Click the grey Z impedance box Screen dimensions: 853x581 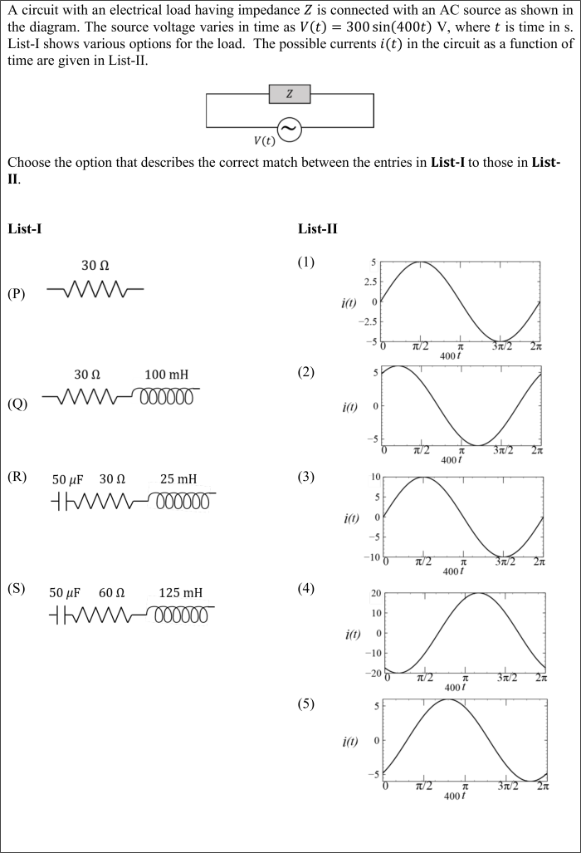[289, 94]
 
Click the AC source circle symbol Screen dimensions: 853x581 [289, 128]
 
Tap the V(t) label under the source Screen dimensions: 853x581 [264, 140]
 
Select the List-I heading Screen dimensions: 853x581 [25, 229]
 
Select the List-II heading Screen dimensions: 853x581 [317, 229]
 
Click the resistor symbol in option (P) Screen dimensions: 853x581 [95, 290]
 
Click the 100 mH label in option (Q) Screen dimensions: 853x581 [166, 375]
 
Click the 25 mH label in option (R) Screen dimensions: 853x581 [178, 479]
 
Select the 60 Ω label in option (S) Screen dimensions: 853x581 [111, 593]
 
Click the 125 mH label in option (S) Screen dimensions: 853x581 [180, 593]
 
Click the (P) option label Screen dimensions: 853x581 [16, 293]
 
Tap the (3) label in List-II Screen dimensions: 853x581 [306, 477]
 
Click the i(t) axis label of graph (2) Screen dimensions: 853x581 [349, 408]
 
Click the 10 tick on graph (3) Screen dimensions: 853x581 [374, 478]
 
